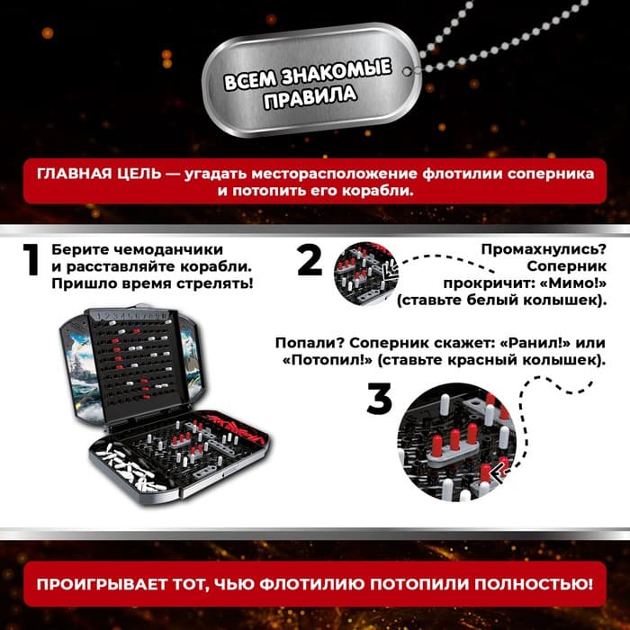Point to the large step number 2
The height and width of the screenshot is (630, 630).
(310, 261)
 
